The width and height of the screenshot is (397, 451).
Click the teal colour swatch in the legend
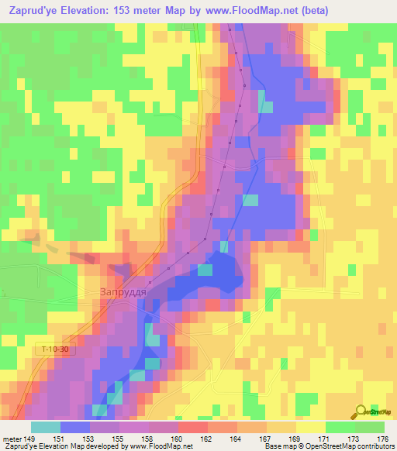pos(45,427)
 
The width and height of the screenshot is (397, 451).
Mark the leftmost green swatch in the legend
pos(340,427)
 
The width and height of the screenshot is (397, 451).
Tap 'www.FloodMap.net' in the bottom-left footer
pos(158,447)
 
